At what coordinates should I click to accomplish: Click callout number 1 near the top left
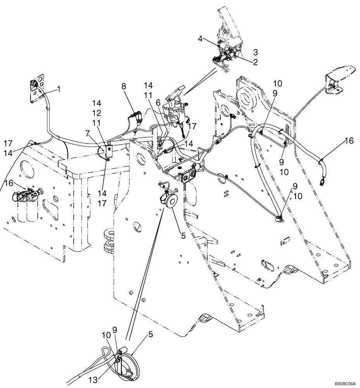tap(59, 89)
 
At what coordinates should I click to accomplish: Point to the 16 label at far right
tap(349, 141)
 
